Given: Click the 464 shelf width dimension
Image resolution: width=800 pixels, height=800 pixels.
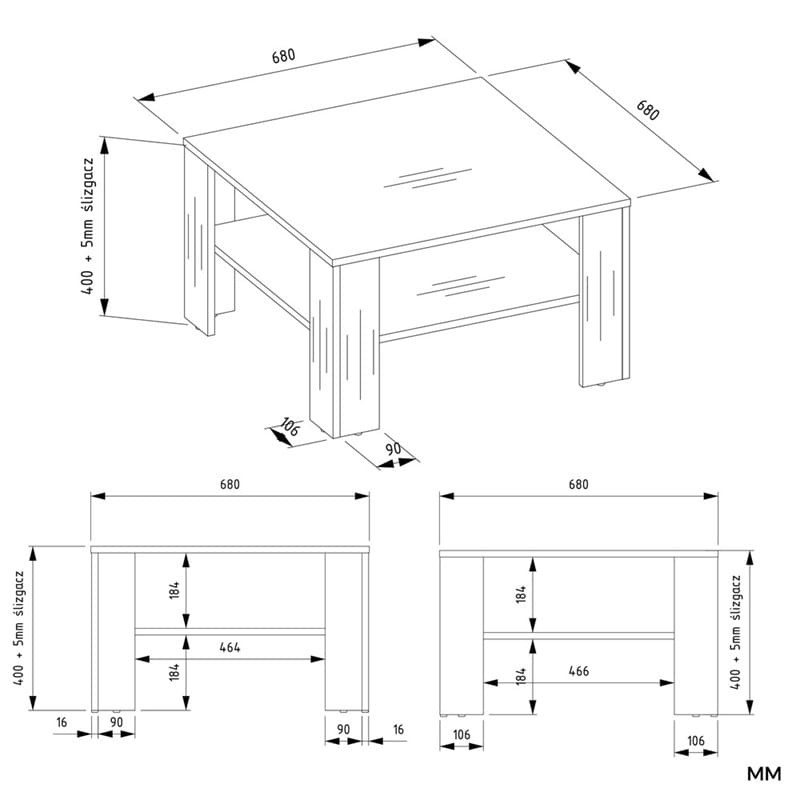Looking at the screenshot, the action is pyautogui.click(x=230, y=647).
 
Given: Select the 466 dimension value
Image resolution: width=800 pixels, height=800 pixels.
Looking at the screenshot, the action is pyautogui.click(x=579, y=671).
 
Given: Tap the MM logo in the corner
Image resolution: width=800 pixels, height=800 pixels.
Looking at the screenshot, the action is pyautogui.click(x=764, y=774).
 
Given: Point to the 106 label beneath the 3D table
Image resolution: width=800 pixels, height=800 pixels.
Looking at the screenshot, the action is pyautogui.click(x=289, y=427).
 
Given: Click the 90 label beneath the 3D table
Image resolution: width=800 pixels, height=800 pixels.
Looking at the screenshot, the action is pyautogui.click(x=393, y=449).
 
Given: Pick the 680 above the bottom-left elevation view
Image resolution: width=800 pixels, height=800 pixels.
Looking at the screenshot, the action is pyautogui.click(x=230, y=484).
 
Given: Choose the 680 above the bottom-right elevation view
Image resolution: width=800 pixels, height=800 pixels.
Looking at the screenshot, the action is pyautogui.click(x=579, y=484).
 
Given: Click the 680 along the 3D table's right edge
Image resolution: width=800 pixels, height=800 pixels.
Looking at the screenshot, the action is pyautogui.click(x=647, y=110).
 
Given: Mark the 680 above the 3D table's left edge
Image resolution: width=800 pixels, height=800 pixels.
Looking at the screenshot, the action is pyautogui.click(x=283, y=56).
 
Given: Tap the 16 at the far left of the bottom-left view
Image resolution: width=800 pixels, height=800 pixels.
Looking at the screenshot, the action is pyautogui.click(x=62, y=722).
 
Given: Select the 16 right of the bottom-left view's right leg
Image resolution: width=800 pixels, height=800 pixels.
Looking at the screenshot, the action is pyautogui.click(x=398, y=730).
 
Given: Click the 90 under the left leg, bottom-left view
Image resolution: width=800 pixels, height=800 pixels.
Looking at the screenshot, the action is pyautogui.click(x=116, y=722).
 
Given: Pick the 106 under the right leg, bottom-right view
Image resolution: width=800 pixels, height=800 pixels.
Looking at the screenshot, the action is pyautogui.click(x=696, y=741).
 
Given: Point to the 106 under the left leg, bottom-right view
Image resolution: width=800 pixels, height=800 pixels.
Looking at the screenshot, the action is pyautogui.click(x=461, y=735).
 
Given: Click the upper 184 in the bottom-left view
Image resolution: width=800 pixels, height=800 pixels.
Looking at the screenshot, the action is pyautogui.click(x=174, y=590).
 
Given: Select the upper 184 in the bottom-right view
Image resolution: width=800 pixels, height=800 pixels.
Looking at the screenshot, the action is pyautogui.click(x=520, y=594).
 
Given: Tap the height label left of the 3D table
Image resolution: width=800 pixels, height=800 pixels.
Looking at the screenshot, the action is pyautogui.click(x=88, y=226).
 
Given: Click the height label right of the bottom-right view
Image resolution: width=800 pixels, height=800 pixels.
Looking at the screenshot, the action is pyautogui.click(x=735, y=632).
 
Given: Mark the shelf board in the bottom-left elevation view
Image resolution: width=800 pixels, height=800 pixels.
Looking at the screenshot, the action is pyautogui.click(x=230, y=632).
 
